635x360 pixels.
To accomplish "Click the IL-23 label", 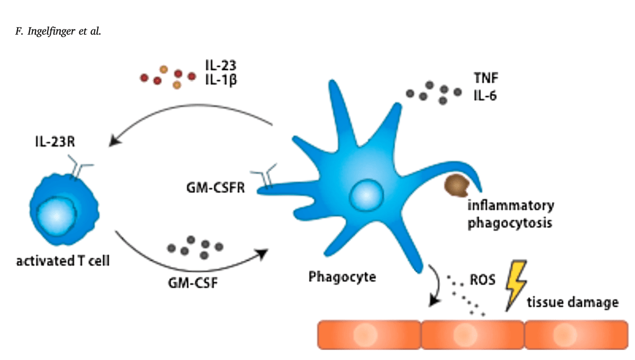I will [221, 65].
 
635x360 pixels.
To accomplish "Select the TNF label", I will [485, 78].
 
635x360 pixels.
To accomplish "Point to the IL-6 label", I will [485, 95].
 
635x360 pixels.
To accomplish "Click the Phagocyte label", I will [342, 276].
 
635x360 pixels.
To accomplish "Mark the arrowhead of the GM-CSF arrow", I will [262, 253].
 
